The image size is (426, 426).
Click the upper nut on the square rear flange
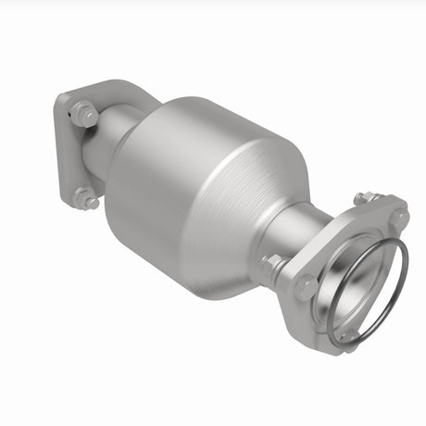(x=83, y=115)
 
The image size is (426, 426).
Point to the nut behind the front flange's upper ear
(x=364, y=197)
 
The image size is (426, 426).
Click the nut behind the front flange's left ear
(x=271, y=263)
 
